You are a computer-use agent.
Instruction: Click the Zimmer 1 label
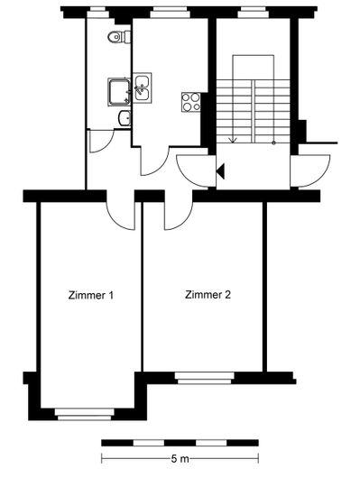point(91,295)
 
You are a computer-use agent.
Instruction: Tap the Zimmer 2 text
point(208,294)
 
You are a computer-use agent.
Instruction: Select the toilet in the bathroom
point(119,37)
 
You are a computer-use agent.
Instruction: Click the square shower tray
point(119,92)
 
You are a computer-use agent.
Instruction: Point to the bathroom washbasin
point(125,118)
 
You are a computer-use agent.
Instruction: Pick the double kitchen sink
point(143,87)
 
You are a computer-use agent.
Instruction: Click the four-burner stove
point(191,102)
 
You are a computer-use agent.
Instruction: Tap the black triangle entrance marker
point(220,171)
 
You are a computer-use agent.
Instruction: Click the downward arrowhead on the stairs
point(233,140)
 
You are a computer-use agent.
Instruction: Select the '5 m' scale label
point(180,459)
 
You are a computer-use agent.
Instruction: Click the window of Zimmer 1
point(85,414)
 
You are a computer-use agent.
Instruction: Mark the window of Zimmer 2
point(205,378)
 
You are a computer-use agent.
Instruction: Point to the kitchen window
point(171,13)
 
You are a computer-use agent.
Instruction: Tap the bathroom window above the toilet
point(97,13)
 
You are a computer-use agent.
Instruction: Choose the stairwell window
point(253,13)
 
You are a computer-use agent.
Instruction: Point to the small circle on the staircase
point(273,142)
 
